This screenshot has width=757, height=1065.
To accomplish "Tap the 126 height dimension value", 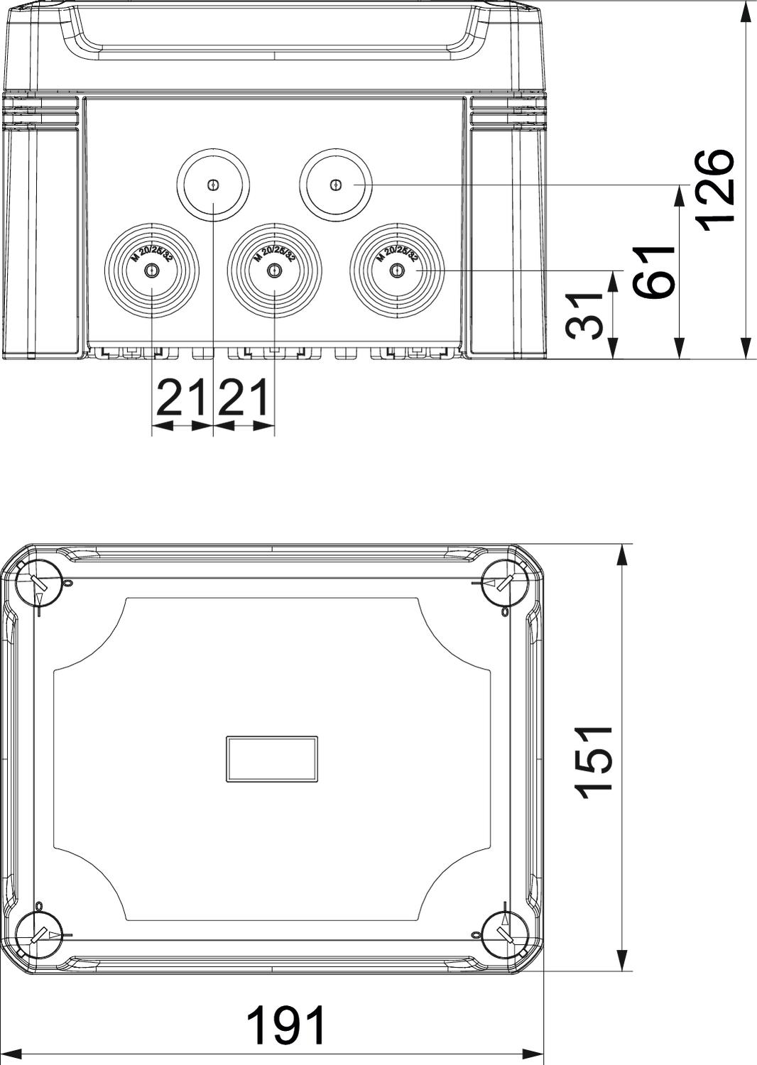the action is pyautogui.click(x=712, y=190).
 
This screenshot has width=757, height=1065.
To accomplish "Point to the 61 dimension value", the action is pyautogui.click(x=653, y=272).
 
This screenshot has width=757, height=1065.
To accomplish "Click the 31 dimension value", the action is pyautogui.click(x=584, y=316).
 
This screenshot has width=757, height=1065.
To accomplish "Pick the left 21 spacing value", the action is pyautogui.click(x=182, y=397).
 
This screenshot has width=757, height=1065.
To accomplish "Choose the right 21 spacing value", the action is pyautogui.click(x=242, y=397).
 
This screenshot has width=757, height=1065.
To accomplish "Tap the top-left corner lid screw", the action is pyautogui.click(x=39, y=583).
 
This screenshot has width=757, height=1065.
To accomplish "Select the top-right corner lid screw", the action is pyautogui.click(x=505, y=583).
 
